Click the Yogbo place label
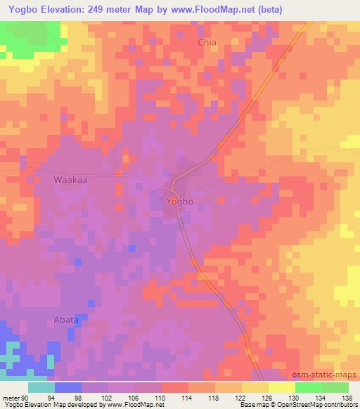click(x=180, y=202)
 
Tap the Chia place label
click(x=207, y=42)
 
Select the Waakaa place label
click(x=69, y=180)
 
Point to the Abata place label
click(x=66, y=320)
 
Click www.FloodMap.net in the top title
click(x=239, y=10)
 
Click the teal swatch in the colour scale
click(x=41, y=387)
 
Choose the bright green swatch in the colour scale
click(x=309, y=387)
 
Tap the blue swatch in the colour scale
click(x=67, y=387)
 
